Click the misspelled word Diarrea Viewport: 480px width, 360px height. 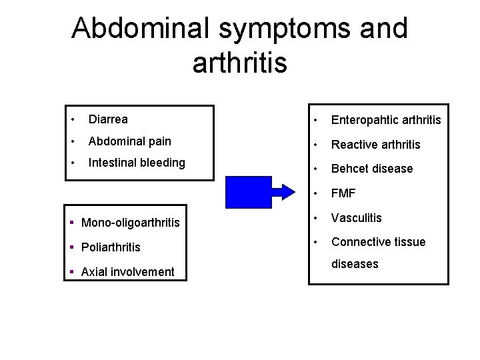pos(108,119)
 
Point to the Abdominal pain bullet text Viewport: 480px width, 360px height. pos(129,141)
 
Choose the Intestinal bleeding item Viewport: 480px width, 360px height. pos(137,162)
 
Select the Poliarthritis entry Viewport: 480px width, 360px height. pos(110,247)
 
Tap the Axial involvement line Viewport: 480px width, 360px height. pos(126,271)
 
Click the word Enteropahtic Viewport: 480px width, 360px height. pos(362,120)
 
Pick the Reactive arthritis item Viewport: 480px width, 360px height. pos(375,144)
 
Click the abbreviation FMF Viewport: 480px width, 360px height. pos(343,193)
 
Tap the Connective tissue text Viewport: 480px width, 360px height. pos(378,241)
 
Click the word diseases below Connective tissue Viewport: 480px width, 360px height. pos(355,264)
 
